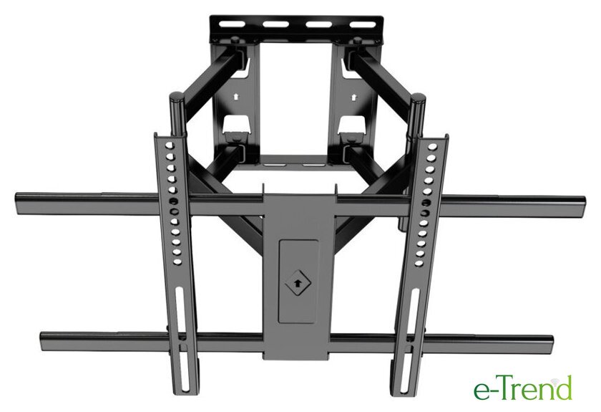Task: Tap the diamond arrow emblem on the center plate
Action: tap(297, 284)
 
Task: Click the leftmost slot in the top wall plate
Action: tap(230, 24)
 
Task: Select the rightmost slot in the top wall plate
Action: tap(363, 24)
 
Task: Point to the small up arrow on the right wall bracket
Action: tap(353, 97)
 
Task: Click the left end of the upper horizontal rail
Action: tap(15, 203)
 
